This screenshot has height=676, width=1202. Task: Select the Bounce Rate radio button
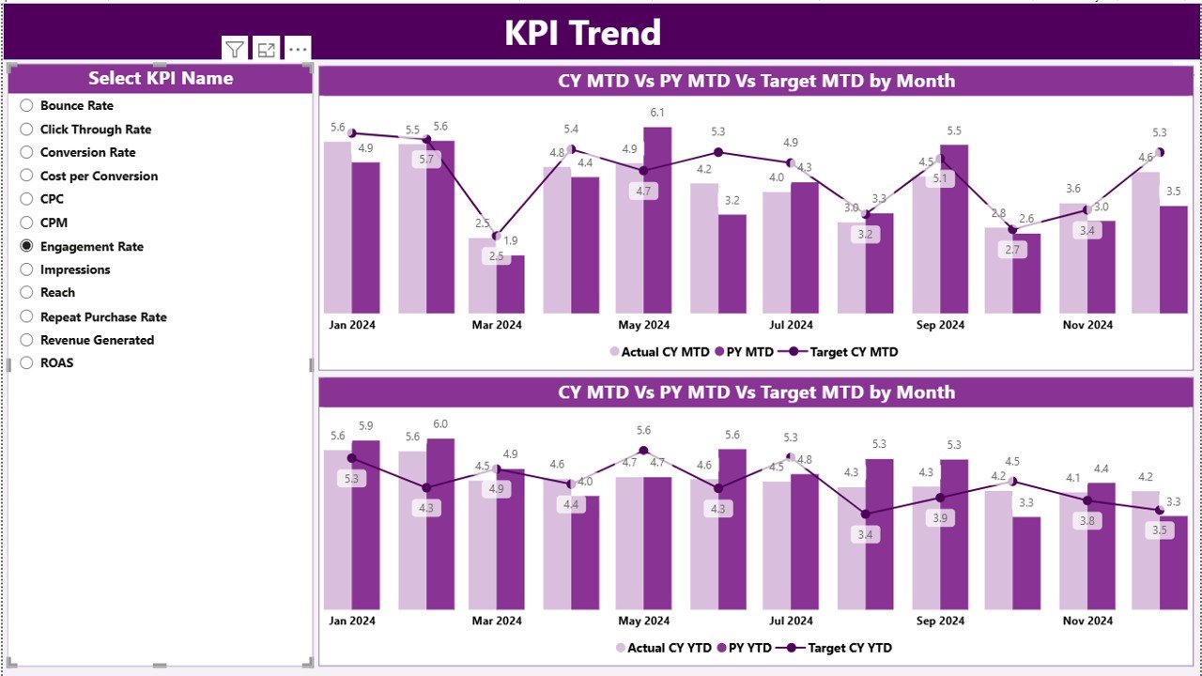pos(26,106)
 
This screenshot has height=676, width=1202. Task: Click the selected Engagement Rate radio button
pos(26,246)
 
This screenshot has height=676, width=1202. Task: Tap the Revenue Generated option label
pos(97,340)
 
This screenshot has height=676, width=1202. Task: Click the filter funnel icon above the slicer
pos(235,50)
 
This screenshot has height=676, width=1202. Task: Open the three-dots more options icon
pos(298,50)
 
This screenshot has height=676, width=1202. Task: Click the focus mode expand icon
pos(267,50)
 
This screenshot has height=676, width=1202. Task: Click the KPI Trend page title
pos(582,33)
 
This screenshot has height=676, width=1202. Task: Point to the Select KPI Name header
pos(161,79)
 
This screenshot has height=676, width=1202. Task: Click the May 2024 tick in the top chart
pos(643,325)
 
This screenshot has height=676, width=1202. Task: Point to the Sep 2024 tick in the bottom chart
pos(940,621)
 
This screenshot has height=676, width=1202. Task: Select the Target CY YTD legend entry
pos(849,648)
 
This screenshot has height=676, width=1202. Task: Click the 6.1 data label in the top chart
pos(658,114)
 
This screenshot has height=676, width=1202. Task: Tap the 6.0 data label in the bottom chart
pos(440,424)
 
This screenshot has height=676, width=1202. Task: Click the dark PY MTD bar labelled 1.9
pos(511,284)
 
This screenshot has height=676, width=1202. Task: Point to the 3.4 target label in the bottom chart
pos(865,535)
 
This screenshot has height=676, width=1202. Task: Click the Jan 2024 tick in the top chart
pos(351,325)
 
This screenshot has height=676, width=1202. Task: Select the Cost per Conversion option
pos(99,176)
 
